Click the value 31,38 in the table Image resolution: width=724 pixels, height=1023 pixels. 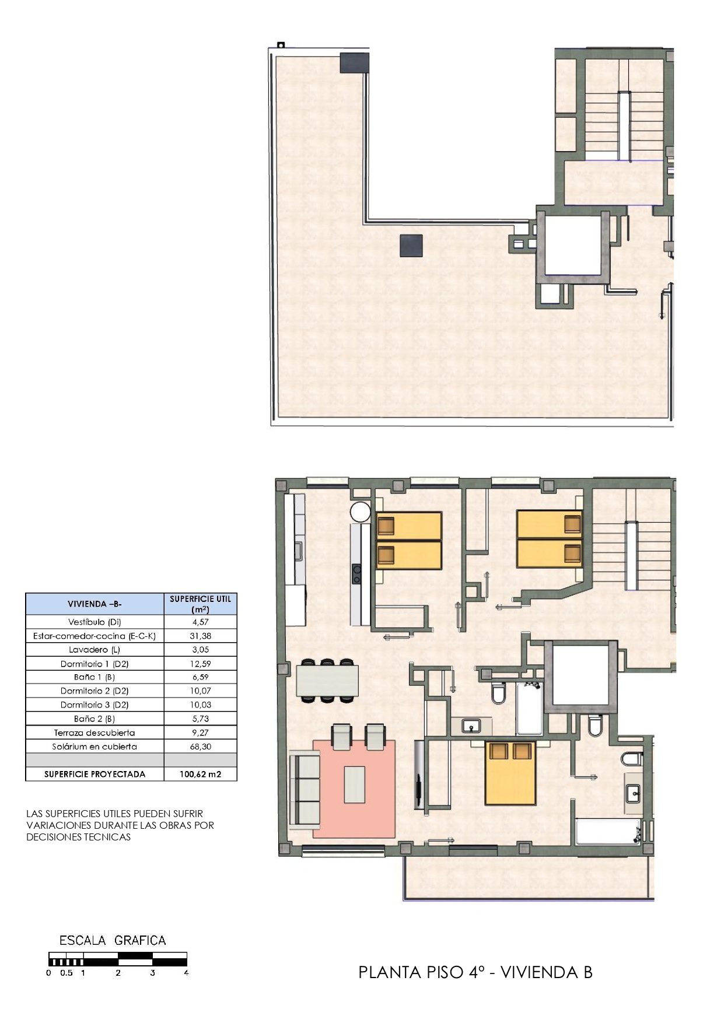coord(200,636)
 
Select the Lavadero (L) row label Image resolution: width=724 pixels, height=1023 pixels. coord(95,650)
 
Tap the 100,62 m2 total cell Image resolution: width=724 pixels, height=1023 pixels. coord(200,775)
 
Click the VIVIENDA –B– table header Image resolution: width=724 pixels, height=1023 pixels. coord(95,604)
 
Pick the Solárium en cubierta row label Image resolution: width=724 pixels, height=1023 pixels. coord(95,747)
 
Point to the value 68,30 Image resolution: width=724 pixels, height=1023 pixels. coord(200,747)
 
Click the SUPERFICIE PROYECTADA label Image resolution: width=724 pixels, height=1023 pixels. coord(95,775)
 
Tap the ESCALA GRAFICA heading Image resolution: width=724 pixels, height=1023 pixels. coord(113,940)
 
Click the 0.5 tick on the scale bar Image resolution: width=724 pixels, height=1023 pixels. coord(67,973)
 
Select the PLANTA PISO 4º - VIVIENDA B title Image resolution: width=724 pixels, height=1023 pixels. coord(475,972)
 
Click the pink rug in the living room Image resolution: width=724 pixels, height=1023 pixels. coord(354,789)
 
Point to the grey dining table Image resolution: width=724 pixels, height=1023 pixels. coord(327,680)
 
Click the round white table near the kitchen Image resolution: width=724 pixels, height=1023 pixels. coord(360,512)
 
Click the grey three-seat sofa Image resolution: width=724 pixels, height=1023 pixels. coord(305,789)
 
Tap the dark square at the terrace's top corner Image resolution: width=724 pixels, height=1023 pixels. coord(355,62)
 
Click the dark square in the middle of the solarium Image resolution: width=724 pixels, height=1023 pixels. coord(411,246)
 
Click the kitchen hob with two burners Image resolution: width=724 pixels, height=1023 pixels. coord(356,574)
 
